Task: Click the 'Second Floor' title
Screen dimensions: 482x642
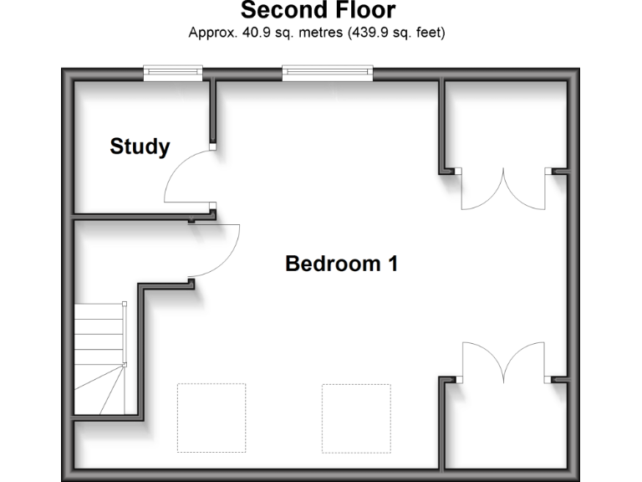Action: tap(318, 11)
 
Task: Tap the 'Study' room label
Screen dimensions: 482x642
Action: tap(140, 147)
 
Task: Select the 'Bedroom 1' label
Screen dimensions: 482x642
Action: tap(341, 264)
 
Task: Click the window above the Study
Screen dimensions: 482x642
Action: tap(173, 74)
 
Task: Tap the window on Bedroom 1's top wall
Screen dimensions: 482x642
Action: tap(327, 74)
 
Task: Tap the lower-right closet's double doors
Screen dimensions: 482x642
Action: tap(504, 360)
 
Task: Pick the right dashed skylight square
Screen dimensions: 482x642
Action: tap(356, 418)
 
